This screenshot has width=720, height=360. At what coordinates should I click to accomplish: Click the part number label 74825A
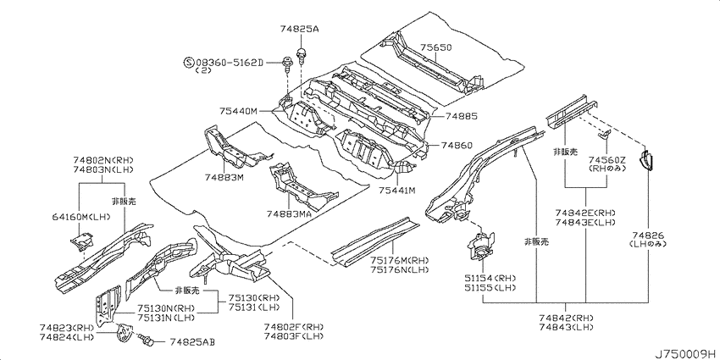[x=299, y=30]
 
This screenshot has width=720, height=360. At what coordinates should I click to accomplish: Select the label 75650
[x=436, y=47]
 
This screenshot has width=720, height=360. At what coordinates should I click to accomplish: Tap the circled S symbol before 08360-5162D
[x=188, y=62]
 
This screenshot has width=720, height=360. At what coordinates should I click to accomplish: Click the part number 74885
[x=461, y=117]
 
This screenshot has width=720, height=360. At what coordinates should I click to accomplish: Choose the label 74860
[x=457, y=146]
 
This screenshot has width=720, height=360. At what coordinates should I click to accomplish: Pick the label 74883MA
[x=290, y=214]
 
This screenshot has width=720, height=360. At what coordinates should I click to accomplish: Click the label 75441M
[x=396, y=190]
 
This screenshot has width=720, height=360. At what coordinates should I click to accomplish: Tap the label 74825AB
[x=192, y=342]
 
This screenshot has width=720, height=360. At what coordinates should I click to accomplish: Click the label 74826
[x=647, y=236]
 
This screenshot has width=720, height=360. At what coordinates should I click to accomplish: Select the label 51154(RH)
[x=490, y=280]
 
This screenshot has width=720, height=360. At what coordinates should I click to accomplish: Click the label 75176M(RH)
[x=400, y=261]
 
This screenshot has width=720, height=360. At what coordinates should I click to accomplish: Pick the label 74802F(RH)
[x=294, y=326]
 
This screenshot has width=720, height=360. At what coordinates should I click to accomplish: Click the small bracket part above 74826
[x=646, y=160]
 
